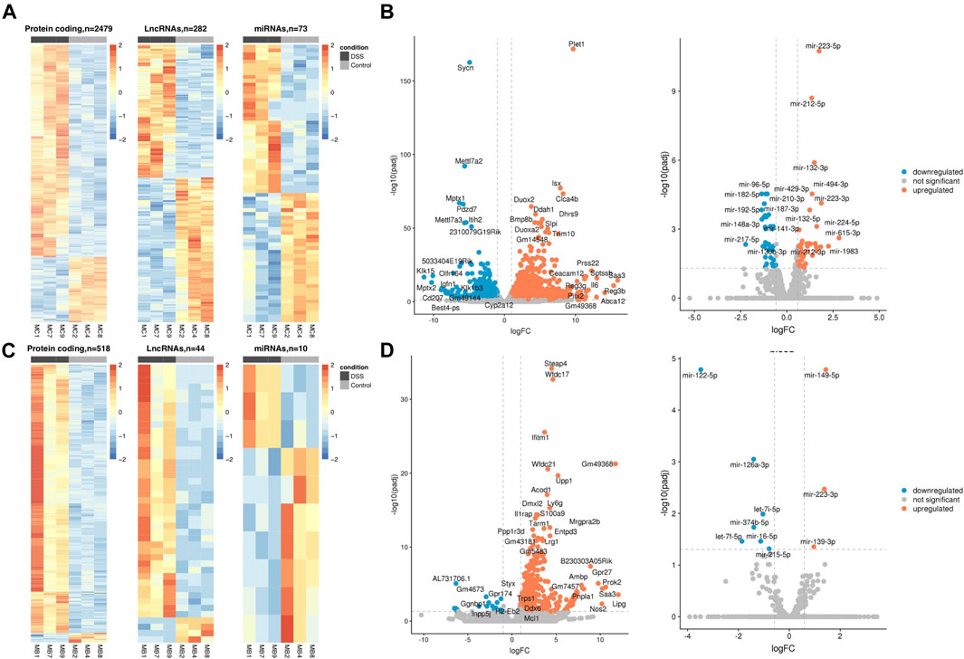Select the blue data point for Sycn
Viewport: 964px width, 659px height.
(469, 63)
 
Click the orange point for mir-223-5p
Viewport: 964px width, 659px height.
(818, 51)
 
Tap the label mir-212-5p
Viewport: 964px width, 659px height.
(807, 104)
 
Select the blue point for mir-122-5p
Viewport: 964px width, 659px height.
(701, 369)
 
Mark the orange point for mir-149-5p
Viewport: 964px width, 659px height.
(826, 369)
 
